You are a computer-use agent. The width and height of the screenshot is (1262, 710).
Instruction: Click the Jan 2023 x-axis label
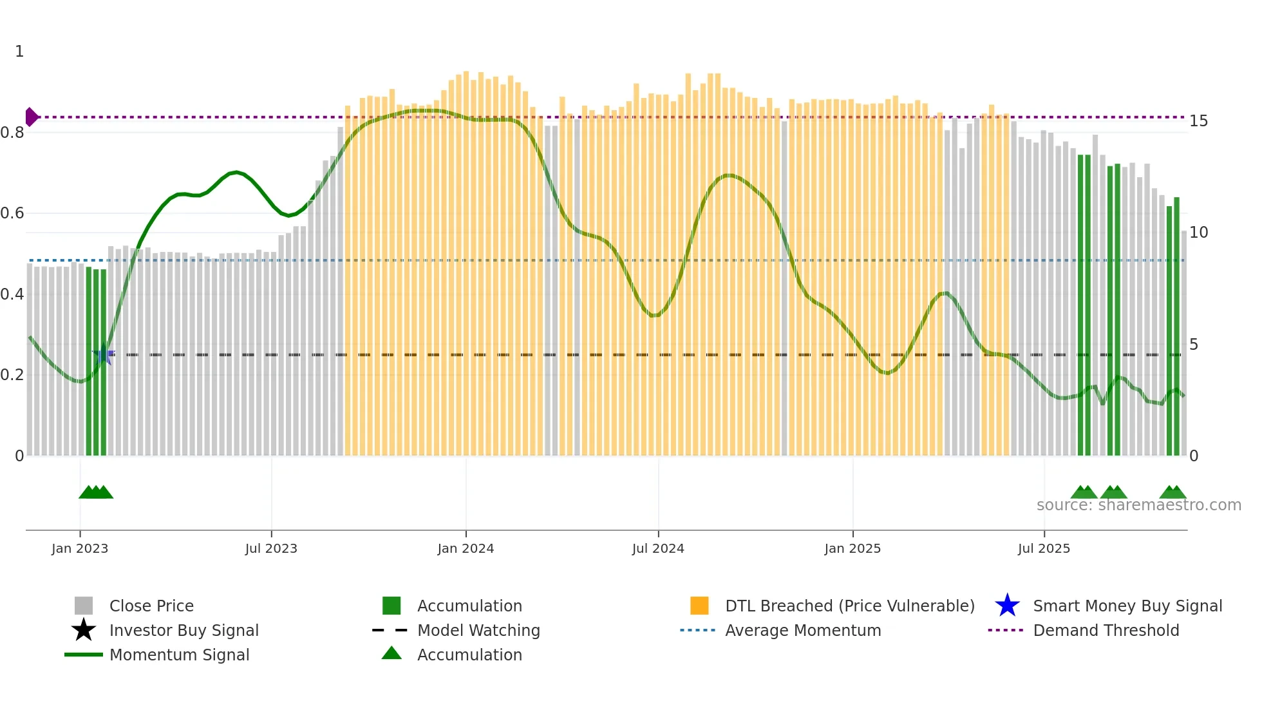pyautogui.click(x=80, y=548)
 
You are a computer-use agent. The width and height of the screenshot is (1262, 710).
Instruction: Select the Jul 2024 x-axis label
pyautogui.click(x=658, y=548)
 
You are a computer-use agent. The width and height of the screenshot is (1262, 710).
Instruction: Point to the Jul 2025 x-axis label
pyautogui.click(x=1044, y=548)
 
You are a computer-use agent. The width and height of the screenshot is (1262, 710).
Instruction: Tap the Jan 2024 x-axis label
pyautogui.click(x=466, y=548)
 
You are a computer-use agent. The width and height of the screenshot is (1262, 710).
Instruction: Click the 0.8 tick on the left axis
pyautogui.click(x=12, y=133)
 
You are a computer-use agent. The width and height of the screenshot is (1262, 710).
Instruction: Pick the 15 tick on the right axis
pyautogui.click(x=1198, y=121)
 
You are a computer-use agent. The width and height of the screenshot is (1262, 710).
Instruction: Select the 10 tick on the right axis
pyautogui.click(x=1198, y=233)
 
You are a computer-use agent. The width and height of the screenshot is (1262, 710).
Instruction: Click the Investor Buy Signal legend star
pyautogui.click(x=84, y=630)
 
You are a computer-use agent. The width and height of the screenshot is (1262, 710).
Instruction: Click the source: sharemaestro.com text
pyautogui.click(x=1138, y=505)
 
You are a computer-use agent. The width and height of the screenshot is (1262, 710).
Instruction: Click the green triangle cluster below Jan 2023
pyautogui.click(x=95, y=492)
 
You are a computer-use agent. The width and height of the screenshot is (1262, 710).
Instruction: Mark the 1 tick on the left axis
pyautogui.click(x=19, y=52)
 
